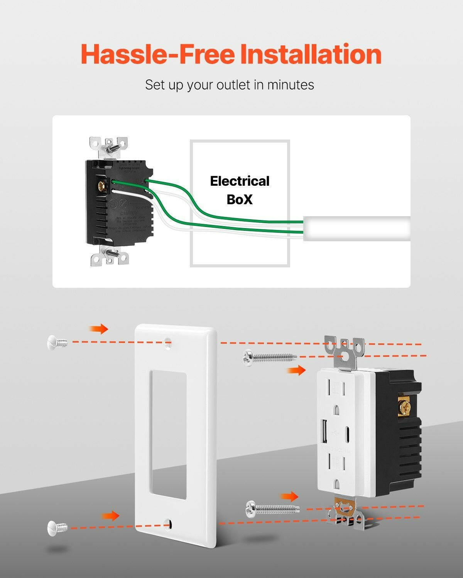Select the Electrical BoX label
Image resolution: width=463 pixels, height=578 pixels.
pos(240,190)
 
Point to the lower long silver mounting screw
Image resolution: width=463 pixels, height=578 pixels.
pos(272,509)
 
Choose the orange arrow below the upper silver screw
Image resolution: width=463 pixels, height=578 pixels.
pos(296,370)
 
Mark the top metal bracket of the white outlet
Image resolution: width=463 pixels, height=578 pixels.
pos(344,351)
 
